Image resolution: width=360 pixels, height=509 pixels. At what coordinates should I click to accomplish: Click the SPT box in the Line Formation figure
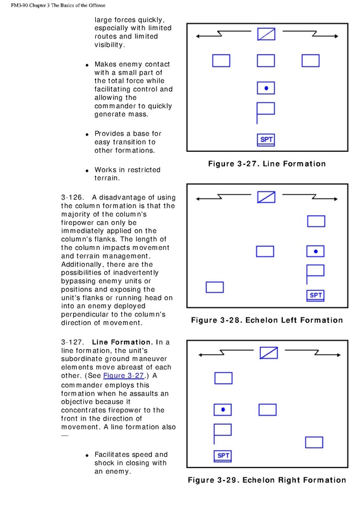click(266, 139)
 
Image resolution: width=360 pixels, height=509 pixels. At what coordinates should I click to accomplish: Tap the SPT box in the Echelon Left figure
click(316, 295)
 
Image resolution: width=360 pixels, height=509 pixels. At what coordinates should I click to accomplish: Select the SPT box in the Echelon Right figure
click(223, 456)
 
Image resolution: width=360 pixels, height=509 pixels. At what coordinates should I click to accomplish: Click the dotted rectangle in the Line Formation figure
click(266, 88)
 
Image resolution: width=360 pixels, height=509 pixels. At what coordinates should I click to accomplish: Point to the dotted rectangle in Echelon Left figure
click(316, 251)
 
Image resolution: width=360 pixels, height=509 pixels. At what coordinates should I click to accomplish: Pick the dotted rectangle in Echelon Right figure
click(223, 409)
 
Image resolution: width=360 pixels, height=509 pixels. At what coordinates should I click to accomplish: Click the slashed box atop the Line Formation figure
click(266, 35)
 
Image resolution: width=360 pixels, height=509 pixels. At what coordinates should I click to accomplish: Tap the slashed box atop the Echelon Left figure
click(266, 197)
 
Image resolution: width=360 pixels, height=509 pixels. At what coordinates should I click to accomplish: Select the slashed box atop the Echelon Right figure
click(269, 353)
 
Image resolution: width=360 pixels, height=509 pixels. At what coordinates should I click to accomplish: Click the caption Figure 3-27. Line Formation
click(266, 164)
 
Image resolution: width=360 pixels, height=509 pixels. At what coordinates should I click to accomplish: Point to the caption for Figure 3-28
click(266, 320)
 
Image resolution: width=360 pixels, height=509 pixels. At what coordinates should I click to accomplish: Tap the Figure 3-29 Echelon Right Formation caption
click(266, 480)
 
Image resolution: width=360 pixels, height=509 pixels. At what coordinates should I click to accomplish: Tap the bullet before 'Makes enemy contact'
click(87, 66)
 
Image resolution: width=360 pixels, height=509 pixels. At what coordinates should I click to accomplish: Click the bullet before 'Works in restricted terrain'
click(87, 171)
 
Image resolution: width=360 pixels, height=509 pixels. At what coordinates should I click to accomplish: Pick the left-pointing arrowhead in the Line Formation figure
click(198, 36)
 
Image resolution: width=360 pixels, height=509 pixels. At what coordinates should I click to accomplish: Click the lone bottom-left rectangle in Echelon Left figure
click(214, 287)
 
